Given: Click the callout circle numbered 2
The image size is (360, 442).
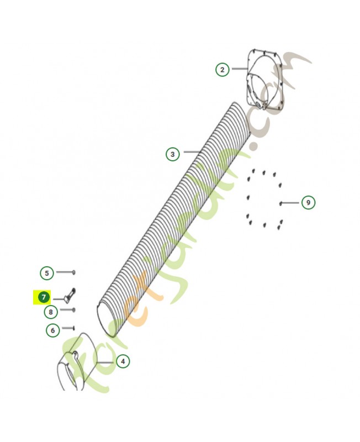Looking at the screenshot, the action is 223,70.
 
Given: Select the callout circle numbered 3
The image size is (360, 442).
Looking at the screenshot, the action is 172,154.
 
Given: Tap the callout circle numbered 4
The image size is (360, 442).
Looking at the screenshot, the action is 123,361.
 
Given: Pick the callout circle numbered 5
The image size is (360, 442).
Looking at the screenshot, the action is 47,273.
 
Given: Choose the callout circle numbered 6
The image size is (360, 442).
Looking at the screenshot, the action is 52,330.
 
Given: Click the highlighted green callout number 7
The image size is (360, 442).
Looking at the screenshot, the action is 44,297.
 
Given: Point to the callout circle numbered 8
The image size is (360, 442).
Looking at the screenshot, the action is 51,312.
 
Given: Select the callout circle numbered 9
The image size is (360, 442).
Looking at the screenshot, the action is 308,202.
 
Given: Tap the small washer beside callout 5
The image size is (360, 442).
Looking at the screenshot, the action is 74,272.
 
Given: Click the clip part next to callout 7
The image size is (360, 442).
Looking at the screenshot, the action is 71,295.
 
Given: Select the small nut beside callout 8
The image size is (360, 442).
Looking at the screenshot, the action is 73,310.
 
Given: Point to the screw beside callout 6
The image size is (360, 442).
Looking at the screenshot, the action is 74,328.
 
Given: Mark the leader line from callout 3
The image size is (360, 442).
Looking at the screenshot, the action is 192,152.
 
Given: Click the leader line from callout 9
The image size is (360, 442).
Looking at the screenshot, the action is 290,203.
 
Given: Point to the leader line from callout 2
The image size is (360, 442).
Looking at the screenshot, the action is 240,69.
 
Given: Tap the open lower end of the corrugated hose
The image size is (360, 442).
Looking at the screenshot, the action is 105,320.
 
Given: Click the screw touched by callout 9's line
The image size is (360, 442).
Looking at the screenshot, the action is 281,203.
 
